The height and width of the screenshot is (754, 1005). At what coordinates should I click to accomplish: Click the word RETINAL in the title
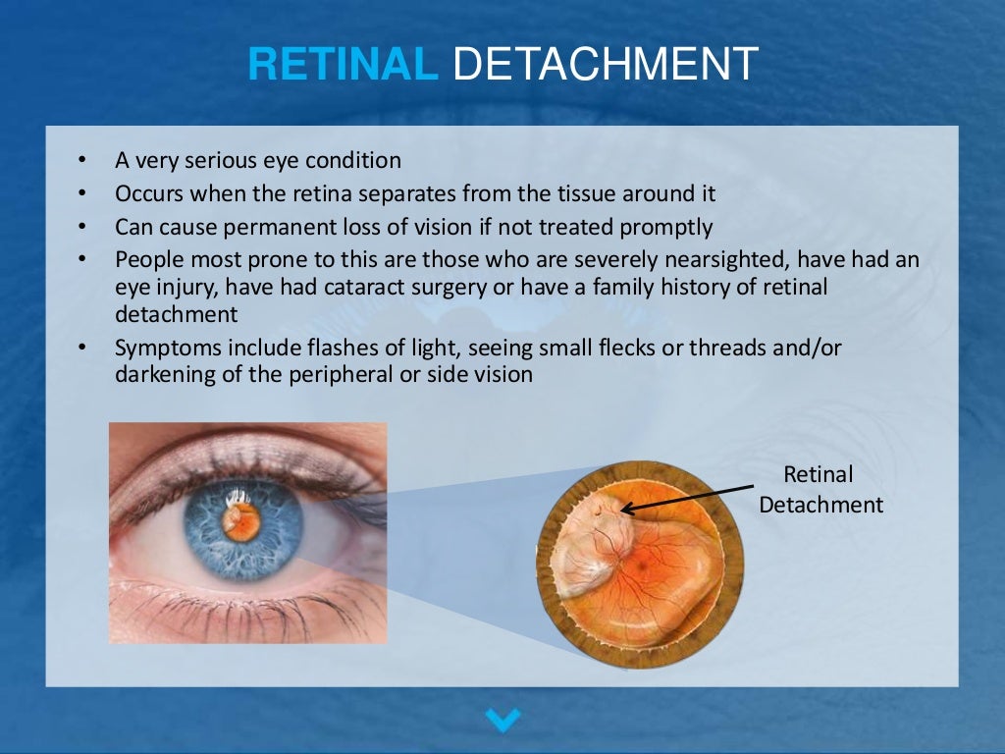343,65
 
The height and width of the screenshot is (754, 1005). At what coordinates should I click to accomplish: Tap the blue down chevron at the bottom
503,721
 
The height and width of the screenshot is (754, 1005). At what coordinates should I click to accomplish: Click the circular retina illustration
639,565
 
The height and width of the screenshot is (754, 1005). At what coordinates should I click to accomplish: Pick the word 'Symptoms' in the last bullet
158,348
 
